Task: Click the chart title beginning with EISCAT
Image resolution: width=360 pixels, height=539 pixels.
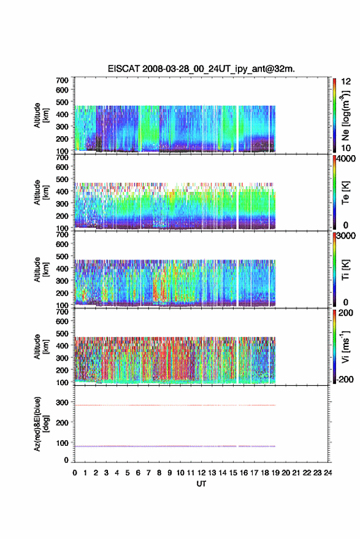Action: (201, 69)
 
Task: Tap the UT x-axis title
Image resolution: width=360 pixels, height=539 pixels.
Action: (201, 484)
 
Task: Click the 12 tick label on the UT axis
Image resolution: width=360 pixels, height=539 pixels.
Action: (201, 473)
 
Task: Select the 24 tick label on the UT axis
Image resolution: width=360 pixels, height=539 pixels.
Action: (327, 473)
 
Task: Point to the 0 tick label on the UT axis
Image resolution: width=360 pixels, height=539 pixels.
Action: (75, 473)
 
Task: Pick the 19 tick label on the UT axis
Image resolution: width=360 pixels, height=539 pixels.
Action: (275, 473)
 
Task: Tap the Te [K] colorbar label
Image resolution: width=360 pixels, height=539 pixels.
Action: (345, 193)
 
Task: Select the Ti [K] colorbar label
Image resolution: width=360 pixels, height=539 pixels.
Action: (345, 270)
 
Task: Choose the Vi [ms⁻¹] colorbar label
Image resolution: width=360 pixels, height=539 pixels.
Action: (345, 346)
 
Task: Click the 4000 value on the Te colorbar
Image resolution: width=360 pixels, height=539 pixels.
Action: (346, 159)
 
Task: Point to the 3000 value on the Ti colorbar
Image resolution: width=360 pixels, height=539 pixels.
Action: (346, 236)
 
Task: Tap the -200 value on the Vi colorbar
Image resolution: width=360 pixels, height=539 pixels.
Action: (345, 379)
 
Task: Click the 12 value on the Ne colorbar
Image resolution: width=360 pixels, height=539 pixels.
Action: (346, 82)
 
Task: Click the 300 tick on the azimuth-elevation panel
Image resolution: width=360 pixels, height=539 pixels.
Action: (62, 402)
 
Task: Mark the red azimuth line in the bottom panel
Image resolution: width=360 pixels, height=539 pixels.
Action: (175, 405)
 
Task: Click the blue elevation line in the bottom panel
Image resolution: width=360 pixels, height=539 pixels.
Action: (175, 446)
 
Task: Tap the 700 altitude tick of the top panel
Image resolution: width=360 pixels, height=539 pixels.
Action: (62, 80)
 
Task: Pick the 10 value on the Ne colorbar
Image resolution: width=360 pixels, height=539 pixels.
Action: (346, 148)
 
